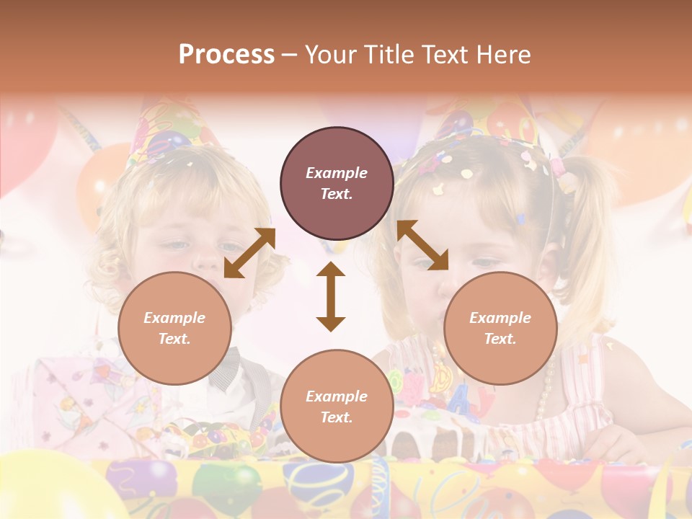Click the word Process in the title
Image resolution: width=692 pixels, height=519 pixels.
(226, 54)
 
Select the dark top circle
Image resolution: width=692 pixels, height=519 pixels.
(337, 184)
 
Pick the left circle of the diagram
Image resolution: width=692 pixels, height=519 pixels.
(174, 329)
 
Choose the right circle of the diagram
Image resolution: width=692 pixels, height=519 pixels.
(500, 329)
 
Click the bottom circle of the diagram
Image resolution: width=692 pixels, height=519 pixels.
(337, 407)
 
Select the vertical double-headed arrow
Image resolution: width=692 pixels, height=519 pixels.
(331, 296)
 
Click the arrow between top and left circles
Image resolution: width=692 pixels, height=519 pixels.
(249, 253)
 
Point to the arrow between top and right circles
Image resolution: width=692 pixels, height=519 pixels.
(422, 245)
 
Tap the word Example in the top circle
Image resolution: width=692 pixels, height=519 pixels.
(337, 173)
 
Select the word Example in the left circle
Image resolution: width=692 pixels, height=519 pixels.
(174, 318)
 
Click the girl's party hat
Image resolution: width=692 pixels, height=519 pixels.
(490, 126)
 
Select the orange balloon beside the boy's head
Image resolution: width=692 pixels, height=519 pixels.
(101, 180)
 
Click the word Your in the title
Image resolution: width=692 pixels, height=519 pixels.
(332, 54)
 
